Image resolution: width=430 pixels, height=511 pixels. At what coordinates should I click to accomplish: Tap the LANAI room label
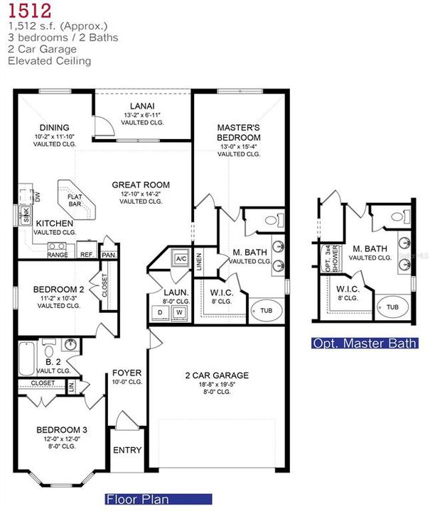(143, 104)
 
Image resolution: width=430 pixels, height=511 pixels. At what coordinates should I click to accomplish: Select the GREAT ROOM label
(141, 185)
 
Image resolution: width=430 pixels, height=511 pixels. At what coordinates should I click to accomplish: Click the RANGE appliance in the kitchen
(57, 254)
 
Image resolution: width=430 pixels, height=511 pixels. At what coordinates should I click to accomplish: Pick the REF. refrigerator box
(87, 254)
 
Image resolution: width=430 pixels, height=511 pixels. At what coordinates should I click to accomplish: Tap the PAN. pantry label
(109, 254)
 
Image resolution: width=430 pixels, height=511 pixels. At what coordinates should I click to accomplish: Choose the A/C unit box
(181, 259)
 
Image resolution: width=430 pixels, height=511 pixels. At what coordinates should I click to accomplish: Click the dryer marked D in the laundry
(159, 312)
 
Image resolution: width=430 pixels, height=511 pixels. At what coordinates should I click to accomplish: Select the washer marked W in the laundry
(180, 312)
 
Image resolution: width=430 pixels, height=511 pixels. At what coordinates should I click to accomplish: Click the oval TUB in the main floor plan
(266, 311)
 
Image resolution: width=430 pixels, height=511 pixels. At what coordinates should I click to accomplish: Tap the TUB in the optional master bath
(392, 307)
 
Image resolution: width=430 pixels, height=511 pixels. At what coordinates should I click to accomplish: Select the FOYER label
(127, 373)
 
